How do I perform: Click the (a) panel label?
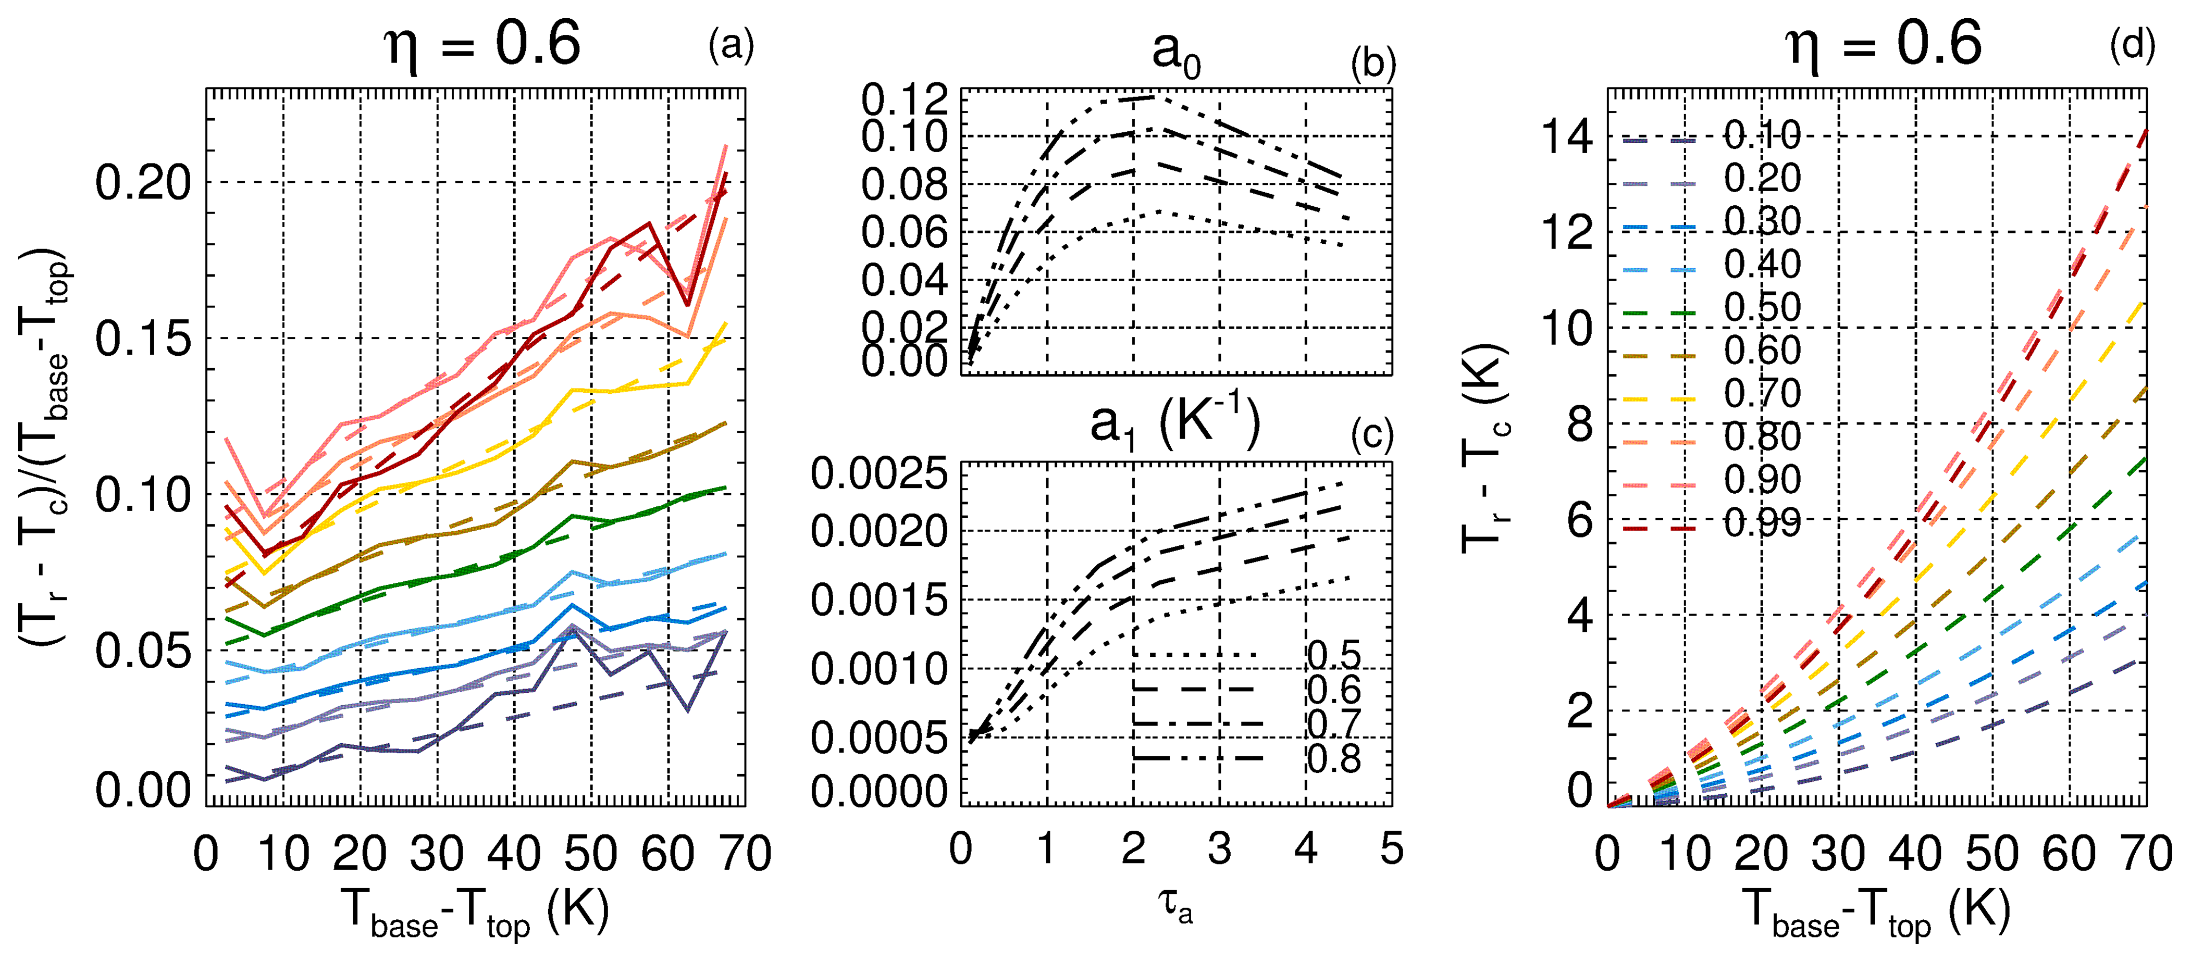tap(731, 45)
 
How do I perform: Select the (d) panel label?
tap(2132, 45)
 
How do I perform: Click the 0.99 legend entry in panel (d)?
tap(1762, 523)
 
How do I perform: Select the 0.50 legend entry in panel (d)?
tap(1762, 308)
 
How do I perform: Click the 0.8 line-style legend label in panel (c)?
tap(1334, 758)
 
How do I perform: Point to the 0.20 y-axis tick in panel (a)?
tap(143, 182)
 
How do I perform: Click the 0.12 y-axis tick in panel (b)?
tap(904, 101)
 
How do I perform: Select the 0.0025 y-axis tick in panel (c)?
tap(878, 474)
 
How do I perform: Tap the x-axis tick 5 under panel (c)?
tap(1392, 849)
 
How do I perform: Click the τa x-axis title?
tap(1175, 908)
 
